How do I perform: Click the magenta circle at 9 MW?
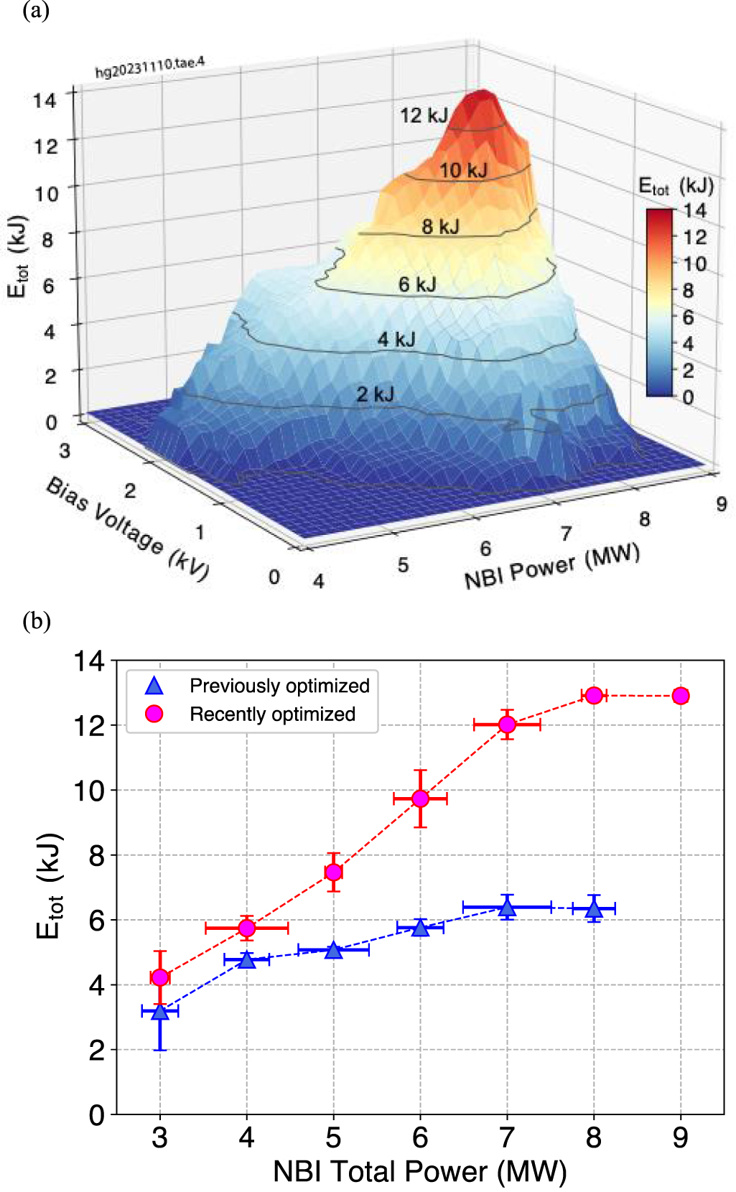680,695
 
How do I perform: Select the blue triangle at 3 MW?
160,1012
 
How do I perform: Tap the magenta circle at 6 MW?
420,798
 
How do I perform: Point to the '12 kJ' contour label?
424,115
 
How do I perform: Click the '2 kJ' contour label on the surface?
376,394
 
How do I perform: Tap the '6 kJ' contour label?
417,284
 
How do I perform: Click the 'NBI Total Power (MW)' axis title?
419,1171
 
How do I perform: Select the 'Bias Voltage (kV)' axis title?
128,526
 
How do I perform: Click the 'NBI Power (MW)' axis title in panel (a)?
551,567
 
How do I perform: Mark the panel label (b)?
37,620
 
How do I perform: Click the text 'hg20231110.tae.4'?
150,67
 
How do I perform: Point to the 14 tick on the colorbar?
694,210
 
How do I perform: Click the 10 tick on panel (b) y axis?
89,791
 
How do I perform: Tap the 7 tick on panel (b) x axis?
507,1137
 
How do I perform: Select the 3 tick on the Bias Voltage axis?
65,450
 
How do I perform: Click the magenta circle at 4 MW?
246,928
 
